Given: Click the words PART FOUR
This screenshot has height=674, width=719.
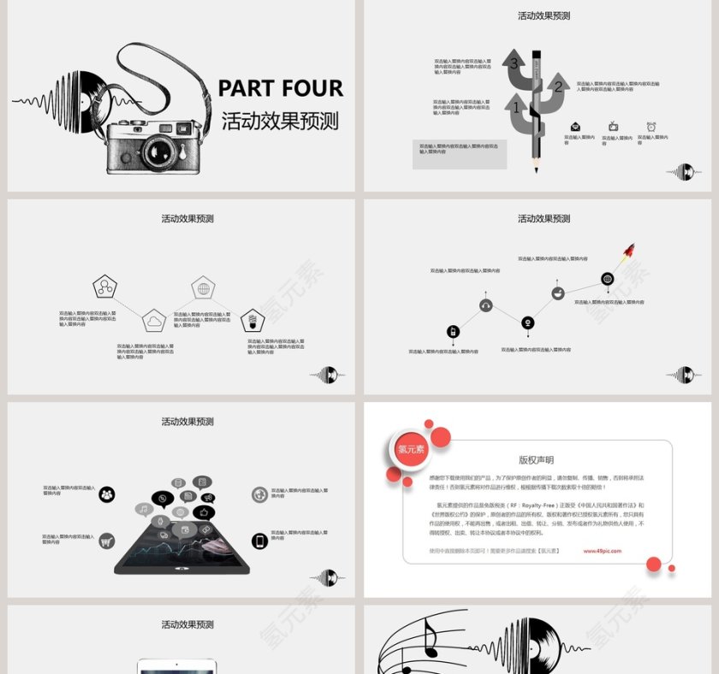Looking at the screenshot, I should point(280,88).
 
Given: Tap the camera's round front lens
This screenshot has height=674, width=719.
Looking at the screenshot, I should point(160,151).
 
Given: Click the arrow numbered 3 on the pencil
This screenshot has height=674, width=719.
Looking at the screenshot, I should point(516,65).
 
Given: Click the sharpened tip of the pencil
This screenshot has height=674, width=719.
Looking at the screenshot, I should point(537,167).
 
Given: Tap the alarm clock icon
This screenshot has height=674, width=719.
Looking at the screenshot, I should point(651,127).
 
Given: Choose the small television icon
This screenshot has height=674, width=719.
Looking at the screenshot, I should point(614,127).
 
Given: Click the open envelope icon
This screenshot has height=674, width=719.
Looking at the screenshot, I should point(576,127).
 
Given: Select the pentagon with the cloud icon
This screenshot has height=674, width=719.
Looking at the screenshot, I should point(154,322).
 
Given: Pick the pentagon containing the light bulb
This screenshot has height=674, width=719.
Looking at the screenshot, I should point(252,322).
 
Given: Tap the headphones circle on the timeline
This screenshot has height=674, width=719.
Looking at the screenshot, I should point(486,304).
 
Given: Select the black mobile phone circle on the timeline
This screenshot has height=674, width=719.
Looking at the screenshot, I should point(453,332).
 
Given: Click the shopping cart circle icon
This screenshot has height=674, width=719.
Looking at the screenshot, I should point(107,541).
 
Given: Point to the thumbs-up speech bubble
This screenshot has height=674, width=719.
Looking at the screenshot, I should point(205,512).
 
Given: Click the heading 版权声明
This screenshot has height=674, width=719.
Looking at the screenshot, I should point(537,460).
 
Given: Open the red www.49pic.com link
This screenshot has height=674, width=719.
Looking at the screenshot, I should point(602,551).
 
